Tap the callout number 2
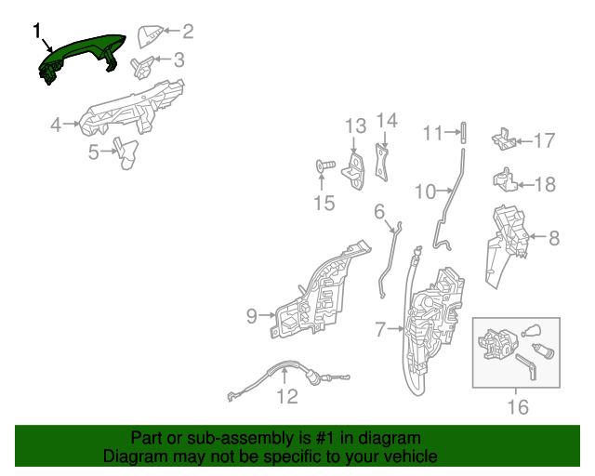pos(188,31)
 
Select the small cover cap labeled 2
pos(150,36)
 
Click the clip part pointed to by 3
pos(142,67)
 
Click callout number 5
pos(93,152)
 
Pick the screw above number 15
pos(325,165)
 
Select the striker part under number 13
pos(354,171)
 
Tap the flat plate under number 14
pos(382,162)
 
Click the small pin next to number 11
pos(464,132)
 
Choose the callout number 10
pos(426,192)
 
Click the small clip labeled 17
pos(504,139)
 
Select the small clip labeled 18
pos(505,180)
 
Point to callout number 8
pos(554,238)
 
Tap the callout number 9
pos(252,316)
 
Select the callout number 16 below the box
pos(518,407)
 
